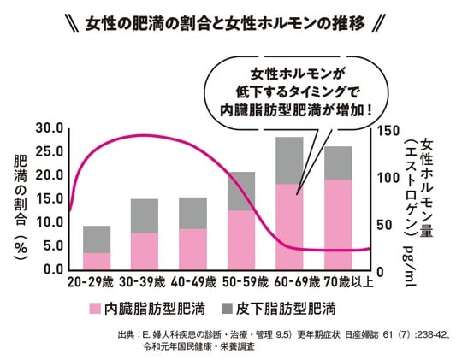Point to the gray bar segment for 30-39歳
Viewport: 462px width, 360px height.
pyautogui.click(x=145, y=215)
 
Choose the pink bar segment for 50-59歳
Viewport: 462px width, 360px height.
pyautogui.click(x=241, y=239)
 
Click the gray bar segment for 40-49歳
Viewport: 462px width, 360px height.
pyautogui.click(x=193, y=213)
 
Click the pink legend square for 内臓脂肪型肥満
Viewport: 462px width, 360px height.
pyautogui.click(x=94, y=306)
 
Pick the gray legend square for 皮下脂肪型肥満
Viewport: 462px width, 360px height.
pyautogui.click(x=227, y=306)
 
